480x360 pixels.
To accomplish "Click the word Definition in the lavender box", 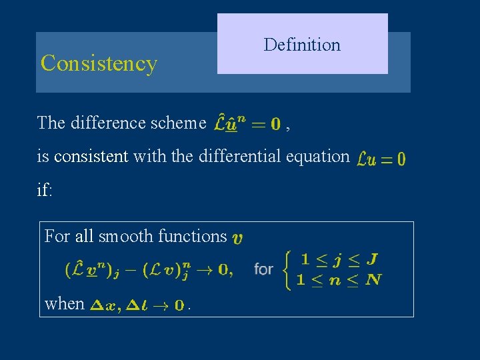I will click(x=302, y=45).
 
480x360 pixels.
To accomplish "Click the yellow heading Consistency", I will click(x=99, y=63).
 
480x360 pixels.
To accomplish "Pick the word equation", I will click(x=317, y=156).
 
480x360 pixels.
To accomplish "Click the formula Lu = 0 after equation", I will click(x=381, y=159).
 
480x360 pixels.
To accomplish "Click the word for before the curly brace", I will click(x=263, y=269).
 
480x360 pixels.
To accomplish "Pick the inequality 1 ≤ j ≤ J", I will click(x=339, y=259).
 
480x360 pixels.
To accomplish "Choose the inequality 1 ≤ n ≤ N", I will click(x=339, y=279).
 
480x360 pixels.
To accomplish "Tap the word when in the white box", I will click(x=64, y=304).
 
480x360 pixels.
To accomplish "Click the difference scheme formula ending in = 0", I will click(x=247, y=123).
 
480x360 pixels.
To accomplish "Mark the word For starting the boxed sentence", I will click(x=57, y=236).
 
